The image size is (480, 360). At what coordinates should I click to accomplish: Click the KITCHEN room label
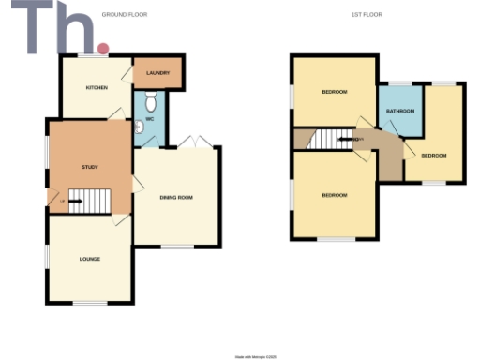97,88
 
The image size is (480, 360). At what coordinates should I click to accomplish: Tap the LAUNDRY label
157,72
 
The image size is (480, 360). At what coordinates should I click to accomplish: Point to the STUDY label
90,167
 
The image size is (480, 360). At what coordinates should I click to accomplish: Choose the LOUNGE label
90,259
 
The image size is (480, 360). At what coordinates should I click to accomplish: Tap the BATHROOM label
400,112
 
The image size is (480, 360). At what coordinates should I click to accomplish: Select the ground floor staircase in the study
89,200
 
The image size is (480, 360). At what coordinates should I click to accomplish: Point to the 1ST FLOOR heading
367,14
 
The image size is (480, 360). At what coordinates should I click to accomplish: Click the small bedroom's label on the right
433,155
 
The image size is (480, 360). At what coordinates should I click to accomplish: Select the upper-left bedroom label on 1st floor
335,92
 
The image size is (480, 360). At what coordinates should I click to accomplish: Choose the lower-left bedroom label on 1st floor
335,195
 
